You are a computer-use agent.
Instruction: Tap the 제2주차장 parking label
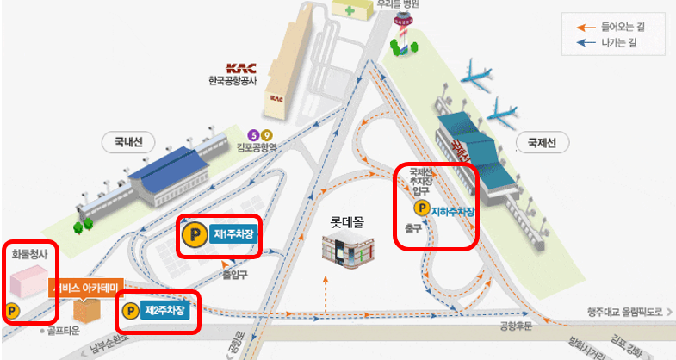pos(164,310)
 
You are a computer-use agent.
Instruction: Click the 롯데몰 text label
pos(347,221)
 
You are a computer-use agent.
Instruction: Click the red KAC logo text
pos(235,69)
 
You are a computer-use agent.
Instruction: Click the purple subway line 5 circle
pos(253,134)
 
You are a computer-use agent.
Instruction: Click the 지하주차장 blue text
pos(453,209)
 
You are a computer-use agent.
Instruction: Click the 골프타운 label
pos(64,329)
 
